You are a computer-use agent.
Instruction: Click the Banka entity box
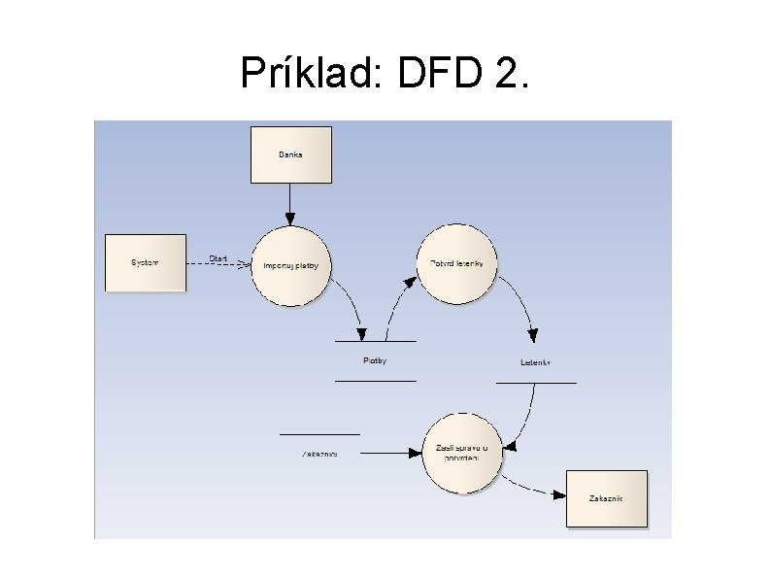(290, 154)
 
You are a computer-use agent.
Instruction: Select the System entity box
(145, 262)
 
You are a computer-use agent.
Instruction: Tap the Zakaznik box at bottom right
(606, 498)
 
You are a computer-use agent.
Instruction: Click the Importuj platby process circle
(291, 265)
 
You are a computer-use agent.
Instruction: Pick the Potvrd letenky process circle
(456, 264)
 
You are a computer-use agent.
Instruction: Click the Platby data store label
(375, 361)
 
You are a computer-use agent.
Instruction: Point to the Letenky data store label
(535, 363)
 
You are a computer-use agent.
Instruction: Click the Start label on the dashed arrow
(218, 258)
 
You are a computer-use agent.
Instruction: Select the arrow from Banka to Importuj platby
(289, 204)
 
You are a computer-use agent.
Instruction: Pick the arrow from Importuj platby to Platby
(351, 304)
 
